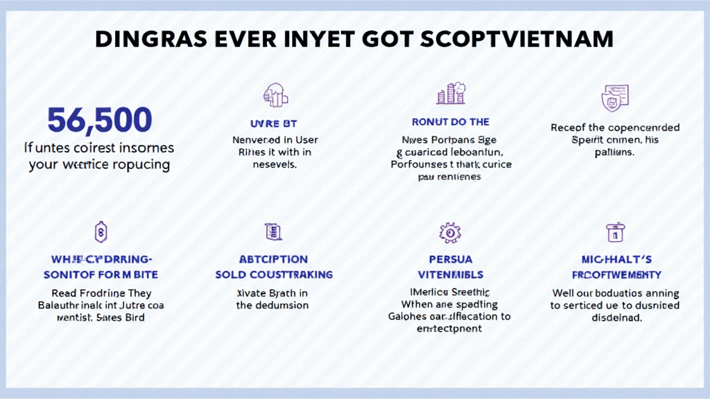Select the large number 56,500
[99, 121]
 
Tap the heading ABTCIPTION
[272, 260]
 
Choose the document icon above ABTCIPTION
[272, 231]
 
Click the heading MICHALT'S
[615, 260]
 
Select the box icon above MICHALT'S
[615, 231]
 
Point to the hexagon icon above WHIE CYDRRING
[101, 231]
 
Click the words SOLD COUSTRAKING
[272, 274]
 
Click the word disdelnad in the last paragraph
[615, 318]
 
